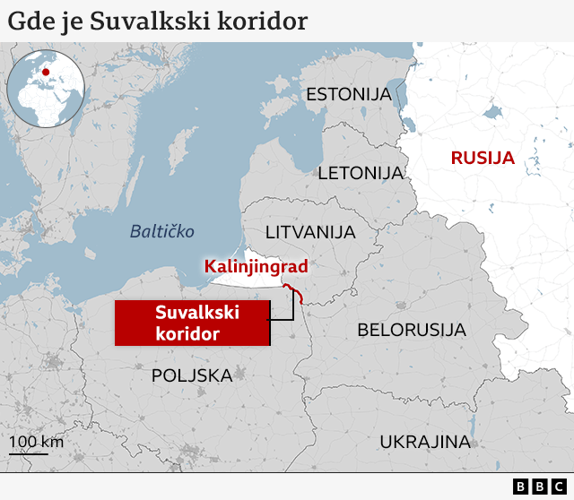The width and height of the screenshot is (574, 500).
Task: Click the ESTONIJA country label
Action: tap(349, 94)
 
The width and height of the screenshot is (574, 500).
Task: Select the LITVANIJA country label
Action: tap(310, 232)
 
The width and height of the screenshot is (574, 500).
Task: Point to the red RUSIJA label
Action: tap(483, 159)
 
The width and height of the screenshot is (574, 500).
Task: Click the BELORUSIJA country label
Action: tap(412, 329)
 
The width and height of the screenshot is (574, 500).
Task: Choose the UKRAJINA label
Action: tap(424, 441)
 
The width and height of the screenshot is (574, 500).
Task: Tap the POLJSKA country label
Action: tap(192, 375)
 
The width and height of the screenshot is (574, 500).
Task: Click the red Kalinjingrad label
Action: tap(257, 266)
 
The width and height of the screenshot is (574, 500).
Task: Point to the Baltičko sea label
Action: tap(162, 231)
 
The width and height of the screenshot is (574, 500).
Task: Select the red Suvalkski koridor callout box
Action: tap(192, 323)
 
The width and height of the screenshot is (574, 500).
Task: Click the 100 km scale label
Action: tap(37, 442)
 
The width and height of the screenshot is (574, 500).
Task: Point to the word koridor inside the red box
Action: tap(187, 333)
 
